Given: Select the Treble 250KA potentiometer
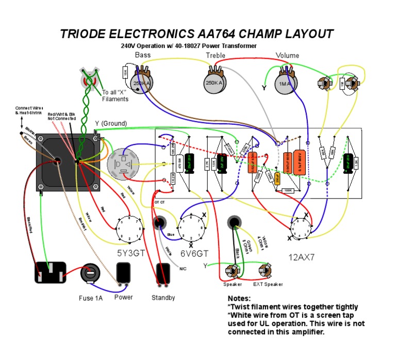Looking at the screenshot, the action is (214, 83).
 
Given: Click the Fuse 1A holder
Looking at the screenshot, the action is (90, 273).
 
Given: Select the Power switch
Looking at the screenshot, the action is (123, 274).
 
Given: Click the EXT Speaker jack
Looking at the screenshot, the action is (267, 271).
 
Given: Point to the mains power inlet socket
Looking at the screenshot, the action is (51, 272).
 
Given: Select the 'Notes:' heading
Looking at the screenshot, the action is (239, 299).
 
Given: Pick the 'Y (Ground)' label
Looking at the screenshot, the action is (111, 123).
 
